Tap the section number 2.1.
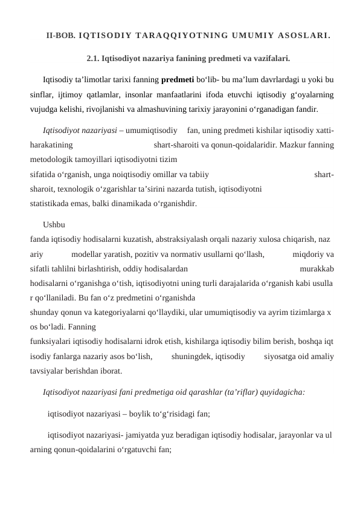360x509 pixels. [94, 59]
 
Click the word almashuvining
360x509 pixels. [205, 109]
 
